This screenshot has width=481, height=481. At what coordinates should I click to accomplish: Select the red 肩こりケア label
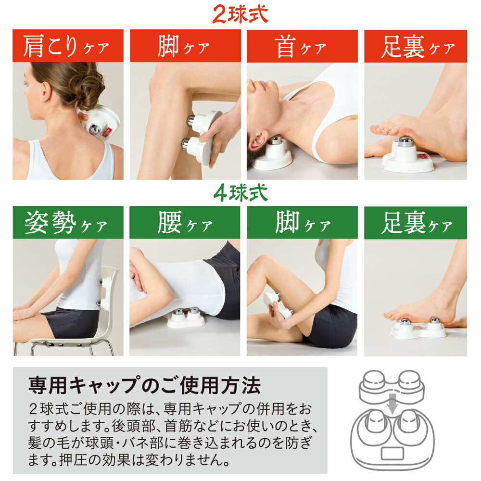tap(68, 46)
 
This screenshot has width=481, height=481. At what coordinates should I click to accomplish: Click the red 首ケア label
tap(302, 46)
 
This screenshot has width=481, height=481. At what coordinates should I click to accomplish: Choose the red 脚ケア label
tap(185, 46)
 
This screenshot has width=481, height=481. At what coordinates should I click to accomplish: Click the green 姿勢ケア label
tap(68, 223)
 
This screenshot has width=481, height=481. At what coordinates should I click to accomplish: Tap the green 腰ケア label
tap(185, 223)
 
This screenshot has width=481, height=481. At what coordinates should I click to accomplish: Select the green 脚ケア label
tap(302, 223)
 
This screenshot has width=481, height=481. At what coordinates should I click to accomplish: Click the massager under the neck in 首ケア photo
tap(272, 154)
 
